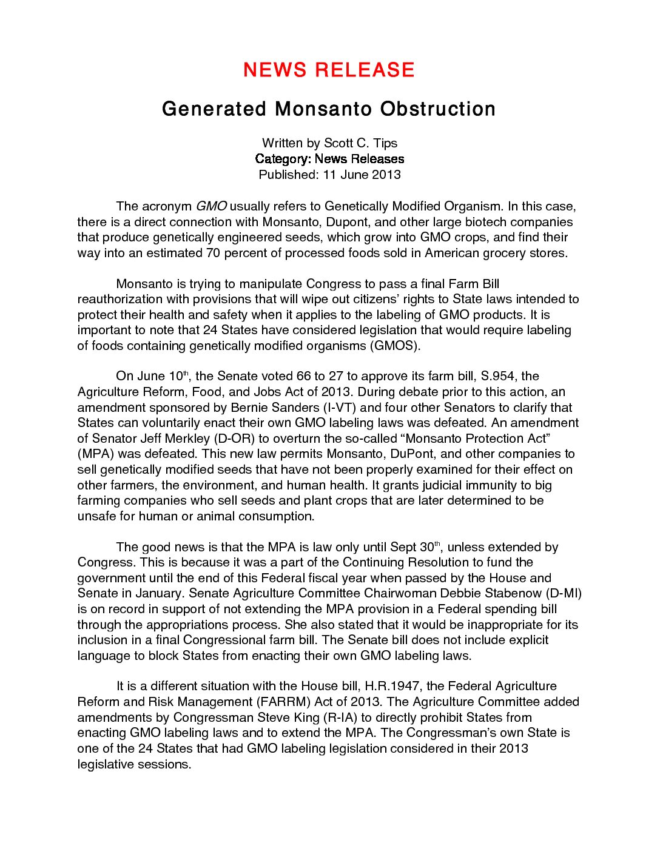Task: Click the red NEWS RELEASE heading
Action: pyautogui.click(x=329, y=70)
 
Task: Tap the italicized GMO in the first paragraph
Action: pyautogui.click(x=211, y=206)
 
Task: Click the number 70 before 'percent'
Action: pyautogui.click(x=214, y=253)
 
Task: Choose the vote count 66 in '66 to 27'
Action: pyautogui.click(x=303, y=376)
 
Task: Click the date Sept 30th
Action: pyautogui.click(x=415, y=547)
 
